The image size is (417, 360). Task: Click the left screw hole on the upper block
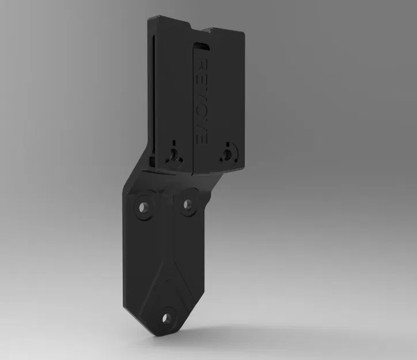click(x=173, y=154)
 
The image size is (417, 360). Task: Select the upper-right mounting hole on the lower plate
click(x=187, y=204)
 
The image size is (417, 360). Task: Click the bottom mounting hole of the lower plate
click(x=166, y=317)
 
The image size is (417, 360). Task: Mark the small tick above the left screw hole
click(x=173, y=142)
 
